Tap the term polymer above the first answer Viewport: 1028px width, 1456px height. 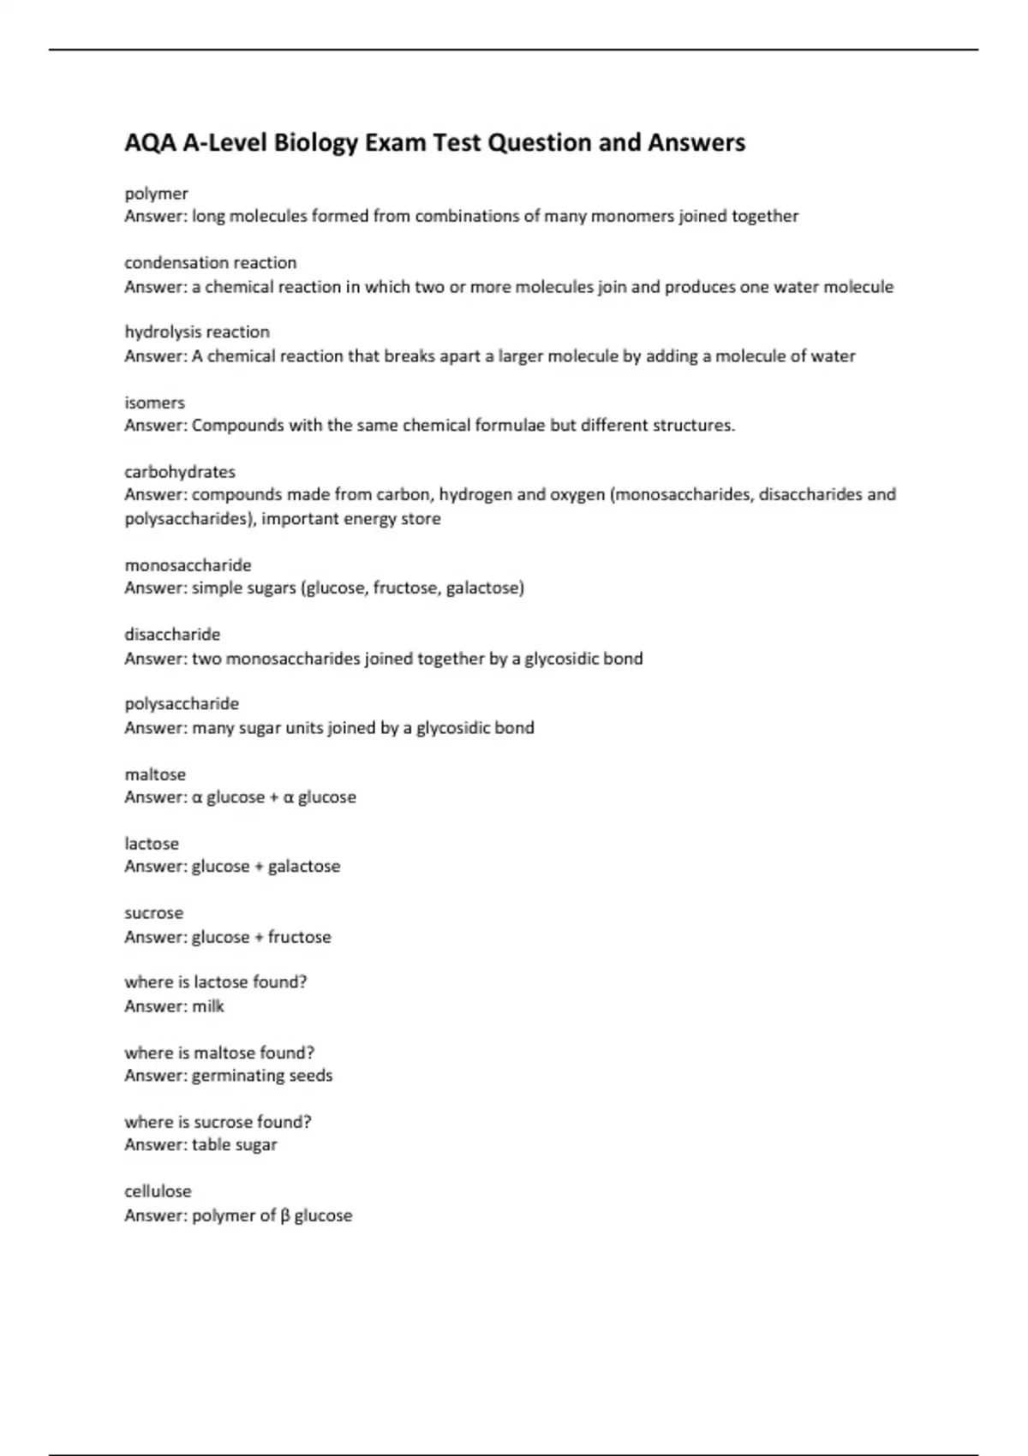pyautogui.click(x=156, y=194)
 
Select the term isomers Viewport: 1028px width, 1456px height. pyautogui.click(x=154, y=403)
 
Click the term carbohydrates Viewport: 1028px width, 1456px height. pyautogui.click(x=180, y=472)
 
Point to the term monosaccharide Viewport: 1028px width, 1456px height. pyautogui.click(x=188, y=565)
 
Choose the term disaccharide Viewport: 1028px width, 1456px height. pyautogui.click(x=172, y=635)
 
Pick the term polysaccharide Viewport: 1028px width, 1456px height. pyautogui.click(x=182, y=704)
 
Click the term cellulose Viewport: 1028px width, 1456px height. pyautogui.click(x=158, y=1191)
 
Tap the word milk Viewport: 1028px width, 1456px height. pyautogui.click(x=208, y=1006)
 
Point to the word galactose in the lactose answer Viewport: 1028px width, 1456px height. pyautogui.click(x=304, y=867)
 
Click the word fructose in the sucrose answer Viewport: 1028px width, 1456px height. pyautogui.click(x=299, y=937)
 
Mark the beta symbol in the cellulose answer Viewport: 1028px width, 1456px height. pyautogui.click(x=285, y=1216)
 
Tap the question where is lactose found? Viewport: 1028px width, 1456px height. pyautogui.click(x=216, y=982)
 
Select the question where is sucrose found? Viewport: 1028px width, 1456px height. pyautogui.click(x=218, y=1122)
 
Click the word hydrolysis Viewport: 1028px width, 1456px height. pyautogui.click(x=159, y=332)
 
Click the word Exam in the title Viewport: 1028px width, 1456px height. pyautogui.click(x=396, y=143)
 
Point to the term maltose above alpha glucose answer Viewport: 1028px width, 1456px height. pyautogui.click(x=155, y=774)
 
